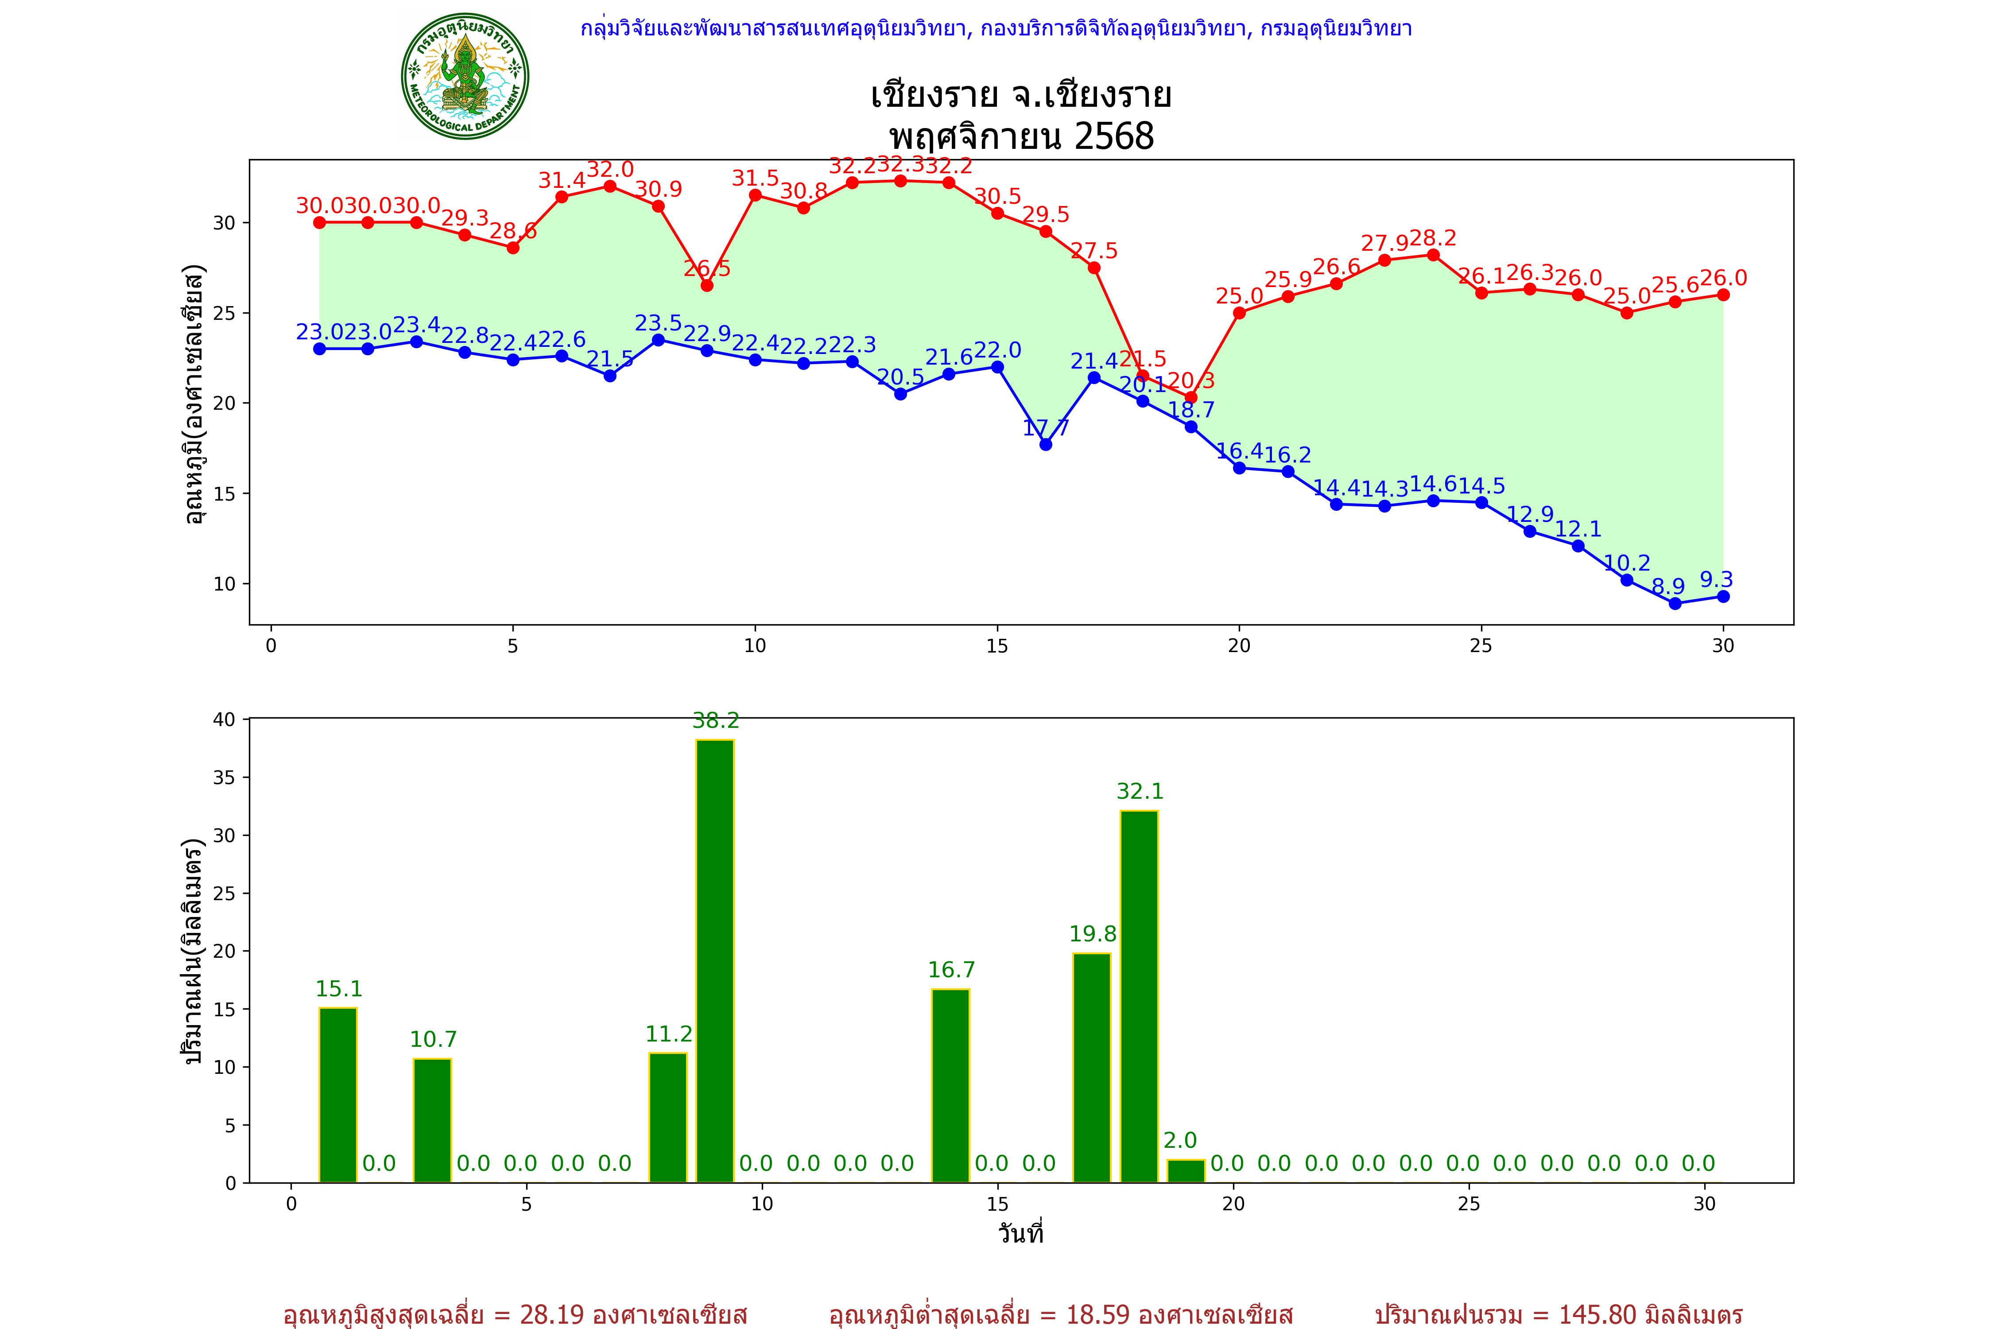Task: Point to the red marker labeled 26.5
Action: pyautogui.click(x=707, y=286)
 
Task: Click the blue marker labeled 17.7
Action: pyautogui.click(x=1046, y=444)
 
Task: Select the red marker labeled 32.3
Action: pyautogui.click(x=901, y=181)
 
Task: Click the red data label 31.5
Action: pyautogui.click(x=755, y=178)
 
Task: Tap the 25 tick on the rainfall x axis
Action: pyautogui.click(x=1469, y=1204)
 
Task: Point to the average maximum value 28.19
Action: pyautogui.click(x=552, y=1314)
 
